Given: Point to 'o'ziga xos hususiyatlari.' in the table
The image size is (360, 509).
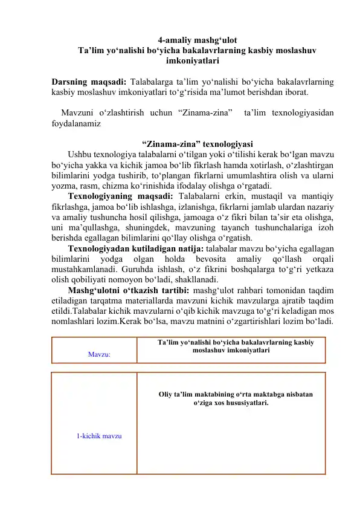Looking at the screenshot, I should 231,403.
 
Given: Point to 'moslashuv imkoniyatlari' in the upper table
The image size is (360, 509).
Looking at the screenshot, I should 231,350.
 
